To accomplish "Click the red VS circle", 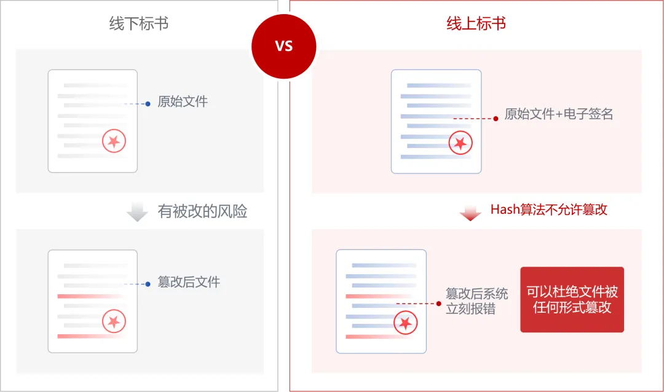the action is [284, 47].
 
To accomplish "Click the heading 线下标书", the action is [139, 24].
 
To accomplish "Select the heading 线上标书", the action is [476, 24].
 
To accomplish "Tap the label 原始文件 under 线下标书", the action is [183, 101].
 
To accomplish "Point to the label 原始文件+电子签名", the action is [559, 114].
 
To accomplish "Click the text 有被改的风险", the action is [202, 212].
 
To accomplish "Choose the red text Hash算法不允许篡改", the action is [548, 210].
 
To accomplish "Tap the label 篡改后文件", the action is [189, 283].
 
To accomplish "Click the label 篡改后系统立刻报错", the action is [476, 301].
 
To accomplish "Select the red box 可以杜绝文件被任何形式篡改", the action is [572, 300].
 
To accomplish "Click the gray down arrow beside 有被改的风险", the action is [137, 212].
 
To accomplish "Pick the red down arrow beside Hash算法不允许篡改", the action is [470, 213].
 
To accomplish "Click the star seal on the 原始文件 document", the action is [114, 142].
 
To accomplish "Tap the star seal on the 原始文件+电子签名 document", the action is [460, 144].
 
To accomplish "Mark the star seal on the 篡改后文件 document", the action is [114, 321].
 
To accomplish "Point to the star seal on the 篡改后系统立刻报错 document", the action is [405, 323].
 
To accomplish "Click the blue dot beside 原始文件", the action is [148, 104].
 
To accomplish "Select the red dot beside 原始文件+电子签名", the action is [496, 118].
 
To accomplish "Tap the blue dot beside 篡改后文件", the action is [148, 284].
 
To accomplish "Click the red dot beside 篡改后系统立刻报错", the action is [439, 304].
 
